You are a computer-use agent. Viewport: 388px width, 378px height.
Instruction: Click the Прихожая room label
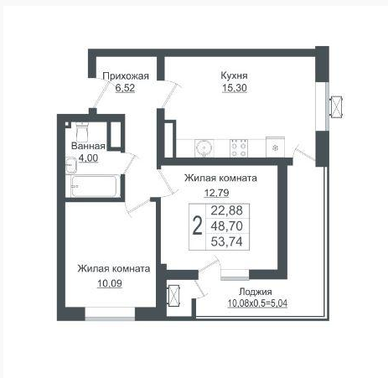pos(126,76)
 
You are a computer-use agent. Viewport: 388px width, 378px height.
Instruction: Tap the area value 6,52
pos(125,88)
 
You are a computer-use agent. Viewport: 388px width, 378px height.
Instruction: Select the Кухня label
pos(234,75)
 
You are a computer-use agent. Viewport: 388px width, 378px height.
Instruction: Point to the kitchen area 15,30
pos(235,88)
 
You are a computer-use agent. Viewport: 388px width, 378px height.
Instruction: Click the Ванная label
pos(88,146)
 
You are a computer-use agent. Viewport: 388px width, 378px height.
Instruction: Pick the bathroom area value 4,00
pos(88,158)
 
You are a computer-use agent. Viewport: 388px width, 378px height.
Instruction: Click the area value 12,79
pos(217,193)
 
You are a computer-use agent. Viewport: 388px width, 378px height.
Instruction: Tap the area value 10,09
pos(110,283)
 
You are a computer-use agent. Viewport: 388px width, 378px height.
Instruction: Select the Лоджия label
pos(256,292)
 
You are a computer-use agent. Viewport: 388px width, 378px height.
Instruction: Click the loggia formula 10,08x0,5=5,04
pos(257,303)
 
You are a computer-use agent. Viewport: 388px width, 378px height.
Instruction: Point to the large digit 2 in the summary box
pos(197,226)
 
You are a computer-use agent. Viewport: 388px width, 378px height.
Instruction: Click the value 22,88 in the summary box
pos(226,210)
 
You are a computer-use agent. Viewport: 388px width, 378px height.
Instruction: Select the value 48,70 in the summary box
pos(226,225)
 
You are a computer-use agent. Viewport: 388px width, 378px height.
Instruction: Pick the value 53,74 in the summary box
pos(226,241)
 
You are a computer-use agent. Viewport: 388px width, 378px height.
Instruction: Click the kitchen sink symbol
pos(204,148)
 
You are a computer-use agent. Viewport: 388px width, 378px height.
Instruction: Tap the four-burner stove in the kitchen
pos(239,148)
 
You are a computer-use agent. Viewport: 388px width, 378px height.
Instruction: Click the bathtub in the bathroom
pos(94,186)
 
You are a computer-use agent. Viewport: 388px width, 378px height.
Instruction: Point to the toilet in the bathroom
pos(82,132)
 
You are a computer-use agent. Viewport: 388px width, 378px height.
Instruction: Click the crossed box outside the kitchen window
pos(336,107)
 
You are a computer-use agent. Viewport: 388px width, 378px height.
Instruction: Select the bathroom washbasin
pos(70,165)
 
